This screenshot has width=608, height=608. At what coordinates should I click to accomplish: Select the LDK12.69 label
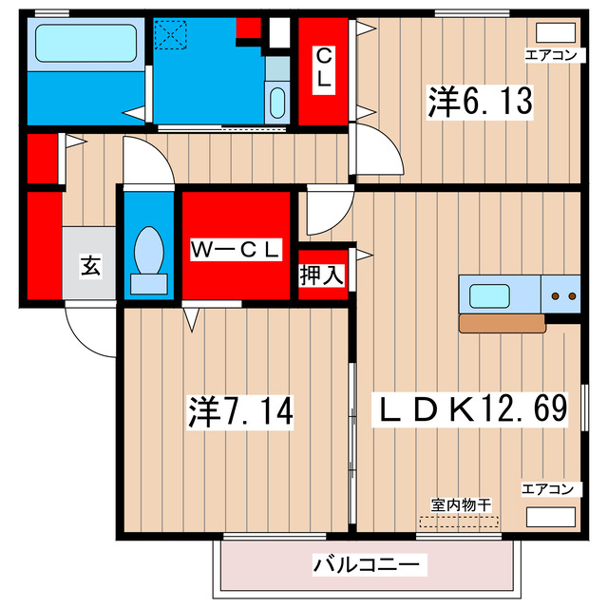pyautogui.click(x=471, y=408)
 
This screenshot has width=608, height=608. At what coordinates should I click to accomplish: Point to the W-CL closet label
pyautogui.click(x=236, y=249)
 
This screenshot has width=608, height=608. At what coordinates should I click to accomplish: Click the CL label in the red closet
pyautogui.click(x=324, y=68)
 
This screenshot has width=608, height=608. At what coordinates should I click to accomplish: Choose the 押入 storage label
pyautogui.click(x=322, y=275)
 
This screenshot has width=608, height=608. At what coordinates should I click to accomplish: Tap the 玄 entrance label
pyautogui.click(x=89, y=265)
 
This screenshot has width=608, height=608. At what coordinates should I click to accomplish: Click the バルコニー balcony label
pyautogui.click(x=366, y=565)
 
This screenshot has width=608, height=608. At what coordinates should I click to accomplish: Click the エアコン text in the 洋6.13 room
pyautogui.click(x=551, y=55)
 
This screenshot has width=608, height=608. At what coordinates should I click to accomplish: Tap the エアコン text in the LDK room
pyautogui.click(x=547, y=489)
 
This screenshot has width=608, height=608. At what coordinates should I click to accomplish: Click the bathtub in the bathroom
pyautogui.click(x=85, y=44)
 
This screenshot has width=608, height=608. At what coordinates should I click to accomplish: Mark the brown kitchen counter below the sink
pyautogui.click(x=502, y=324)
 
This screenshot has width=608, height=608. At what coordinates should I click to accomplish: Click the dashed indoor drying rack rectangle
pyautogui.click(x=458, y=522)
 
